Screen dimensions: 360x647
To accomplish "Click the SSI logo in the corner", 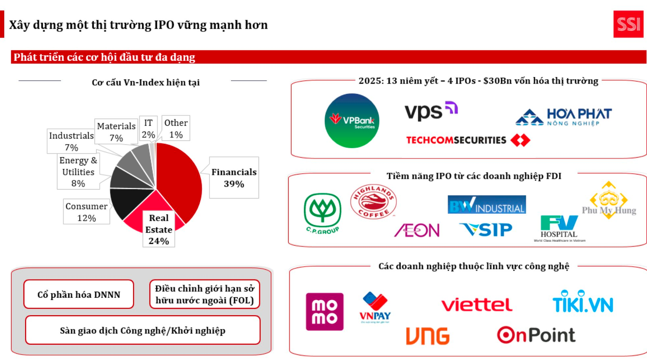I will click(628, 24).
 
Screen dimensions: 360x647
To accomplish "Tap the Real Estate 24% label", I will click(159, 229).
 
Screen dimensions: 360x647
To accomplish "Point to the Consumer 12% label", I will click(86, 212).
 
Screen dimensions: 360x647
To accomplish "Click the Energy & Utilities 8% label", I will click(78, 172).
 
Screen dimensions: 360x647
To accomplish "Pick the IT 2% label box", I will click(148, 128).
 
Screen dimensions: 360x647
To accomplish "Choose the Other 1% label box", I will click(176, 128).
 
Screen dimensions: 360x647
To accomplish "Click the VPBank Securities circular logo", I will click(352, 121).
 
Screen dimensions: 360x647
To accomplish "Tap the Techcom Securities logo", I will click(468, 140).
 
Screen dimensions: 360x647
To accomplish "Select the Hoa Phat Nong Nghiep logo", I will click(564, 117).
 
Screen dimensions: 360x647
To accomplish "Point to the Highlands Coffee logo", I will click(373, 202).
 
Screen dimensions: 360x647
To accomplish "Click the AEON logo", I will click(417, 230).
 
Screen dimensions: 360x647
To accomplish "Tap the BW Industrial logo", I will click(487, 205).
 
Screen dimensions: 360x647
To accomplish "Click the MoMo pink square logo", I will click(325, 311).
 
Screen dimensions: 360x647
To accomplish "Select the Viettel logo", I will click(477, 305).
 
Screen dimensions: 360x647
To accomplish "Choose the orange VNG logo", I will click(428, 336).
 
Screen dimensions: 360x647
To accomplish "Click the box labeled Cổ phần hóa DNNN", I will click(79, 294).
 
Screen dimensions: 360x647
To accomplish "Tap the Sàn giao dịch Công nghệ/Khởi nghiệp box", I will click(143, 330).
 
